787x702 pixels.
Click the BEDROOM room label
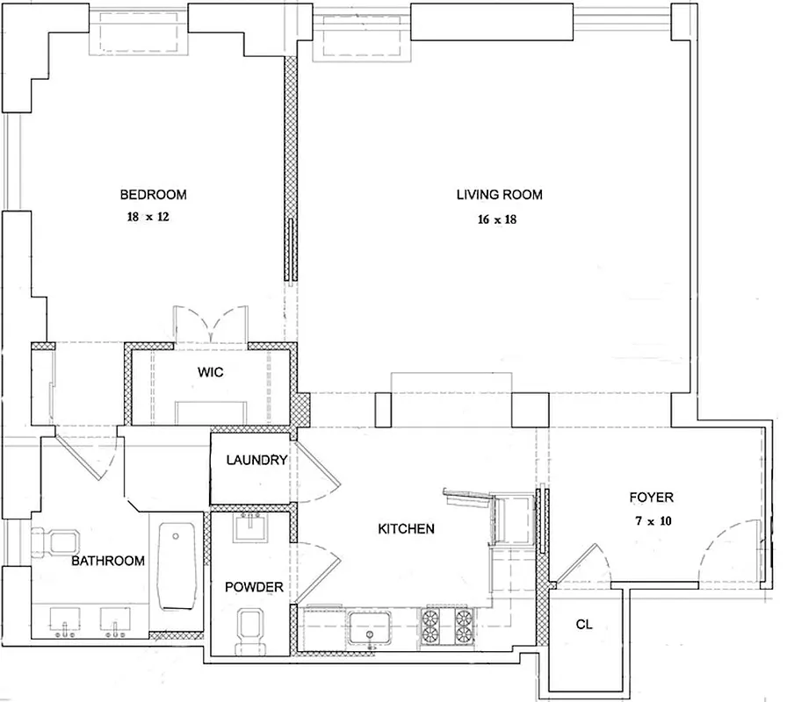[153, 195]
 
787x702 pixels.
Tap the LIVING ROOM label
[498, 195]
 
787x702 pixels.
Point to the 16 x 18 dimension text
[496, 219]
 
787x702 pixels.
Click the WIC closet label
[210, 372]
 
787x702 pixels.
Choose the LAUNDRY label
[256, 460]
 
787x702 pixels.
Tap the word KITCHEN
[406, 529]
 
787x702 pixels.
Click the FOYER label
[651, 498]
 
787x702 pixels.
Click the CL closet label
[584, 626]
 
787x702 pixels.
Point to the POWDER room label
[255, 587]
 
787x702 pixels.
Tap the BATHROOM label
[108, 561]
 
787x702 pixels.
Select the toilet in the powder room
[251, 630]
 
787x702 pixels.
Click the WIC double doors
[211, 326]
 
